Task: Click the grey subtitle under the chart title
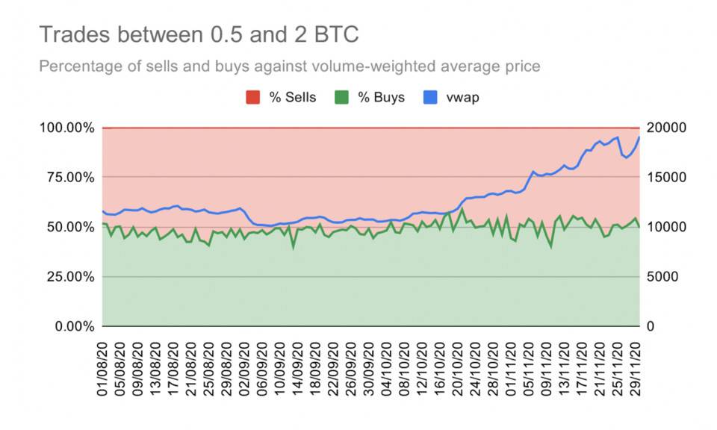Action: click(x=289, y=66)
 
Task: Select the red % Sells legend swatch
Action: click(x=253, y=98)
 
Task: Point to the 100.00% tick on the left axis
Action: click(x=66, y=128)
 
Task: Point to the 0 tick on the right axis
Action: click(x=650, y=327)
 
